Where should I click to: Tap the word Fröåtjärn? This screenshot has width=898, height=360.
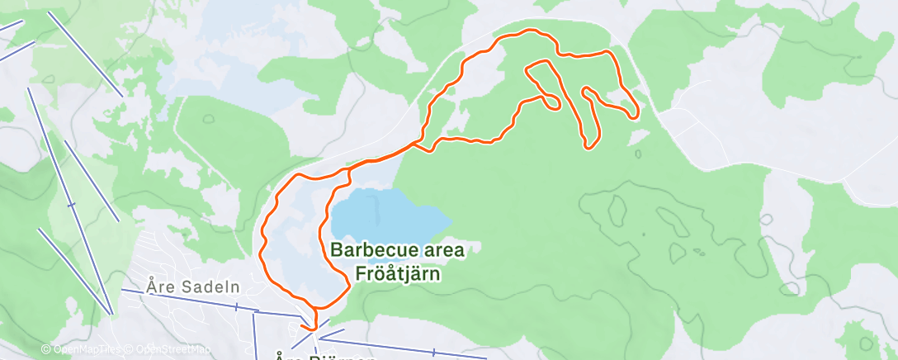pos(398,273)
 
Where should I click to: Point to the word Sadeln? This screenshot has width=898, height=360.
pos(196,287)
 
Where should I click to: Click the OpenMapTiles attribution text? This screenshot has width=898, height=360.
pos(83,349)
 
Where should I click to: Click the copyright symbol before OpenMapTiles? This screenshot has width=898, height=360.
pos(46,349)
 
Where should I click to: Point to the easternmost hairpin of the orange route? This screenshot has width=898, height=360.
pos(635,114)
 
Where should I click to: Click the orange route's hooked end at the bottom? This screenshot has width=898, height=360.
pos(306,328)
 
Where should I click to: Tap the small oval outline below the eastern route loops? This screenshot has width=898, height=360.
pos(638,153)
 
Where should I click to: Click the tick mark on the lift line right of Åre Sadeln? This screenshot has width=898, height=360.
pos(236,306)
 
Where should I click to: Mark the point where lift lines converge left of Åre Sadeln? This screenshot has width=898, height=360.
pos(111,312)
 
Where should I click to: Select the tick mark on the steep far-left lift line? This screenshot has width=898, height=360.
pos(71,204)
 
